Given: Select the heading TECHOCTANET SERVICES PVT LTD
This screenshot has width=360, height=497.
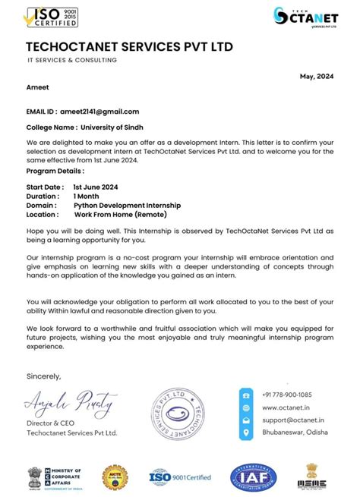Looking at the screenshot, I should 129,47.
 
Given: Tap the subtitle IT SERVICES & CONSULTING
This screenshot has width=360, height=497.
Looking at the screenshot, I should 72,60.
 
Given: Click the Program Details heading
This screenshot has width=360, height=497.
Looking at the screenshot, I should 55,171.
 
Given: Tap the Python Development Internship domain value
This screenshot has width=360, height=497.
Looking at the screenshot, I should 127,205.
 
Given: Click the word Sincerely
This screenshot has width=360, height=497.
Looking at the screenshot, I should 43,376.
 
